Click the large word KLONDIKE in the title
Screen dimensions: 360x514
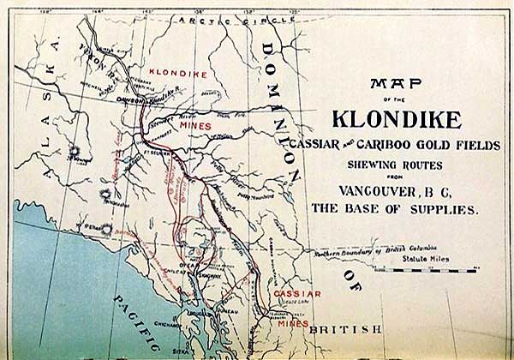[x=397, y=117]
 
